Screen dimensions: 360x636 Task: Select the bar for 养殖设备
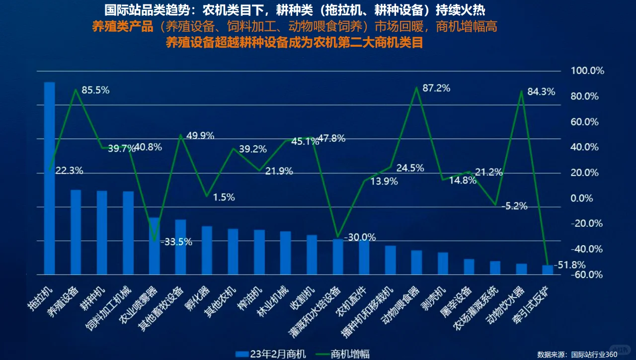[76, 232]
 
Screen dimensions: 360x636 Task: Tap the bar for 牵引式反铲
[548, 270]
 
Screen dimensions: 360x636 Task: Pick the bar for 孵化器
[207, 250]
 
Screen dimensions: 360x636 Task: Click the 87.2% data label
[436, 88]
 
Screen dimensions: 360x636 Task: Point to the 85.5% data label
[95, 90]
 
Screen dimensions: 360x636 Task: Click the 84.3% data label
[541, 91]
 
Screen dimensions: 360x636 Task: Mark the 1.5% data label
[224, 197]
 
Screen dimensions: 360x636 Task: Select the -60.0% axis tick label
[588, 274]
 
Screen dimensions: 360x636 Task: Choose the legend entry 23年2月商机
[271, 354]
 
